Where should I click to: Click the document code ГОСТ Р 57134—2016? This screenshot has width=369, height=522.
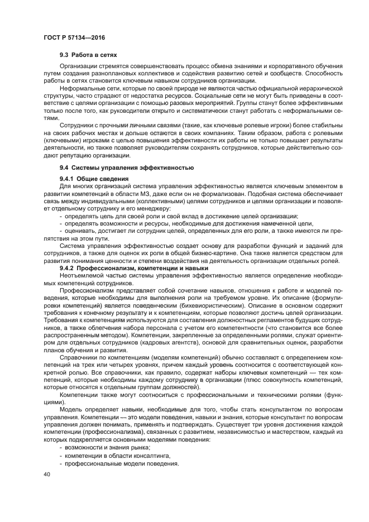tap(74, 37)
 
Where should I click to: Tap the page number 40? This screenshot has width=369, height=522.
tap(46, 475)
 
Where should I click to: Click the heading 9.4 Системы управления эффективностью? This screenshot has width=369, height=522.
tap(127, 167)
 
